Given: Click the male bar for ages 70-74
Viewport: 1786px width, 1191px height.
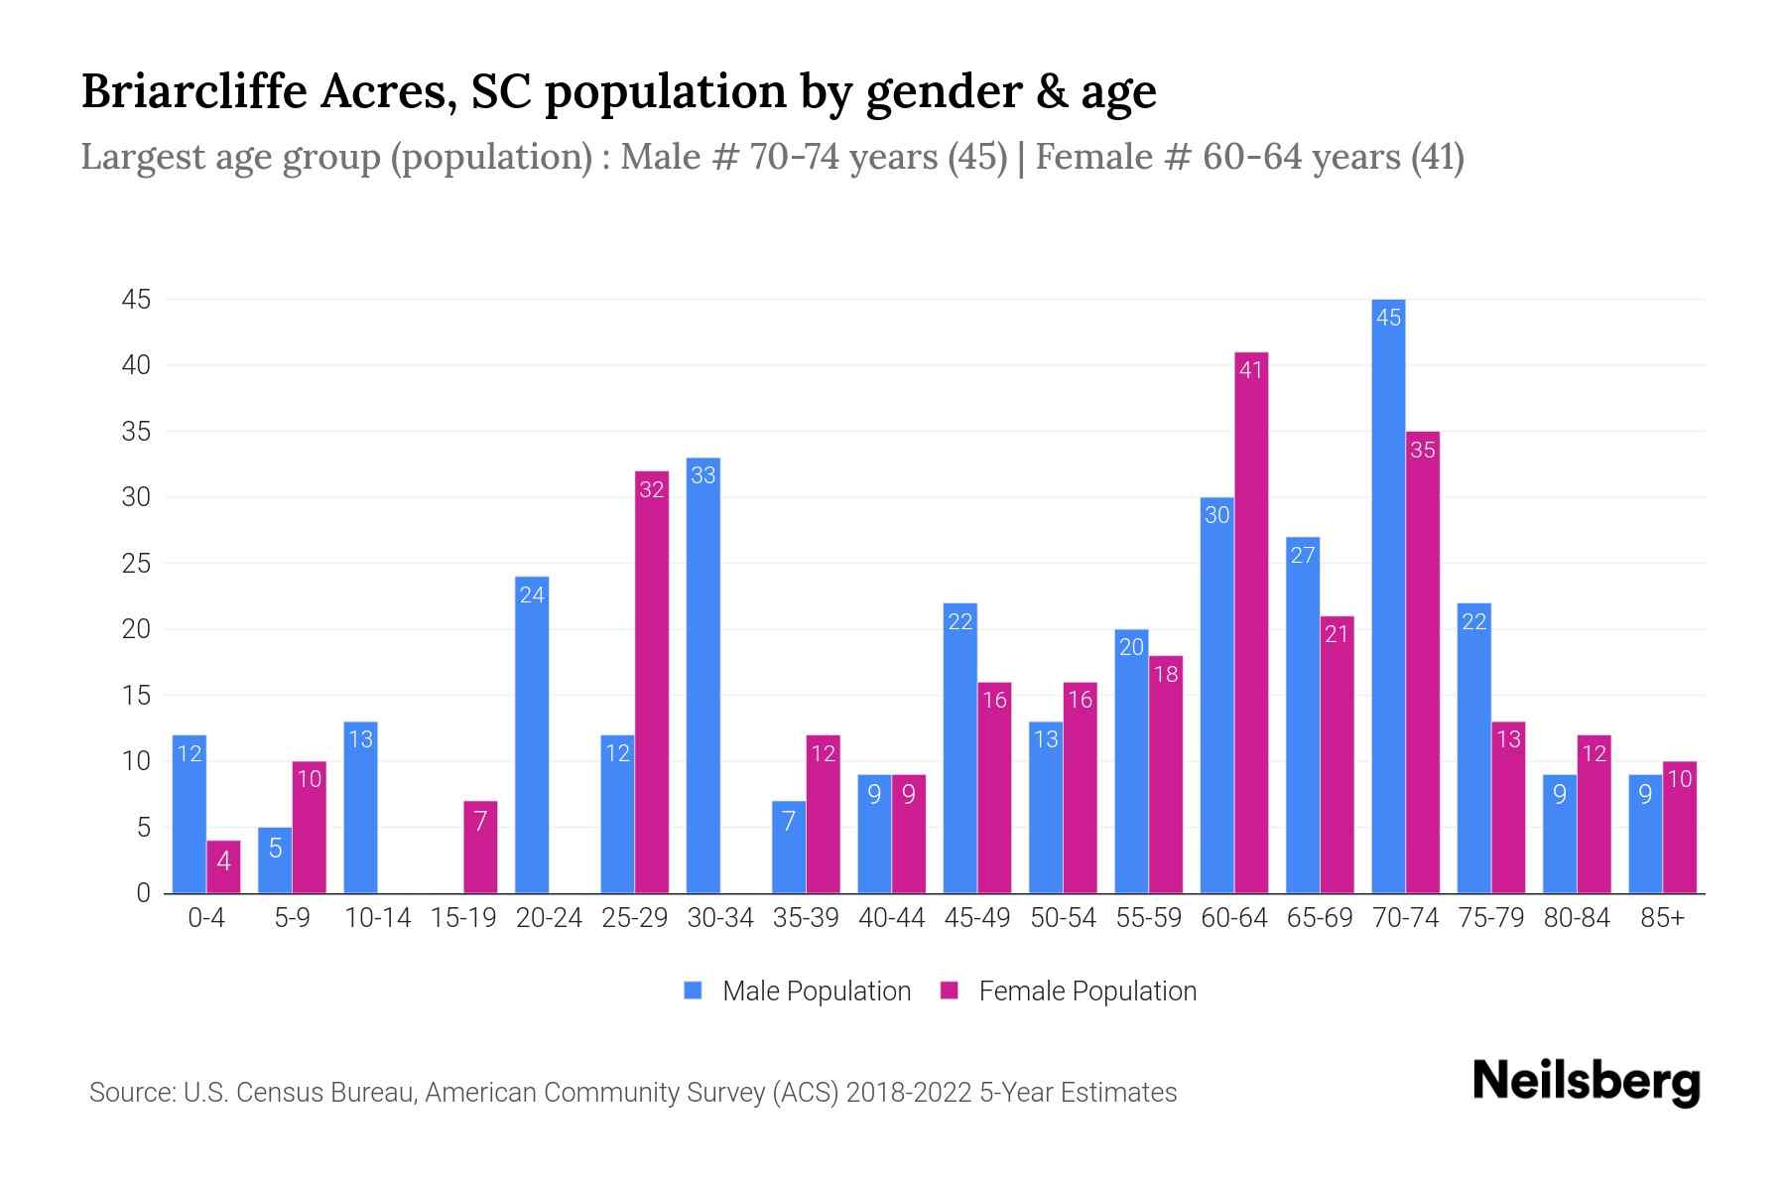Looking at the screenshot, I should tap(1388, 595).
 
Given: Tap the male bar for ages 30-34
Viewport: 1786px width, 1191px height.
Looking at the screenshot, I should tap(703, 675).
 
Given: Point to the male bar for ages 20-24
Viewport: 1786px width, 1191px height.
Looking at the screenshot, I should tap(532, 734).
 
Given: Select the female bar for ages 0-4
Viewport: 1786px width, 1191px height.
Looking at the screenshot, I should tap(223, 866).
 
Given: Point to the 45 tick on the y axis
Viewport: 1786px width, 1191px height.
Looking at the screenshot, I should tap(136, 300).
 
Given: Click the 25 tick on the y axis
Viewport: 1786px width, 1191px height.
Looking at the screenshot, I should tap(136, 564).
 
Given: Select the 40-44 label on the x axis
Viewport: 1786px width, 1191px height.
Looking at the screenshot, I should tap(891, 918).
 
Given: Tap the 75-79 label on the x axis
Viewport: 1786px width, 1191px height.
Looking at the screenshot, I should tap(1490, 918).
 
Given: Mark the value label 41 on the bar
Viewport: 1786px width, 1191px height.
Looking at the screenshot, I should tap(1251, 370).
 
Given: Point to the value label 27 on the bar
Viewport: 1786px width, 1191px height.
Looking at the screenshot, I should tap(1303, 555).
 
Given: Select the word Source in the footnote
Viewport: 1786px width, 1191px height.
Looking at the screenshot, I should tap(129, 1093).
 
